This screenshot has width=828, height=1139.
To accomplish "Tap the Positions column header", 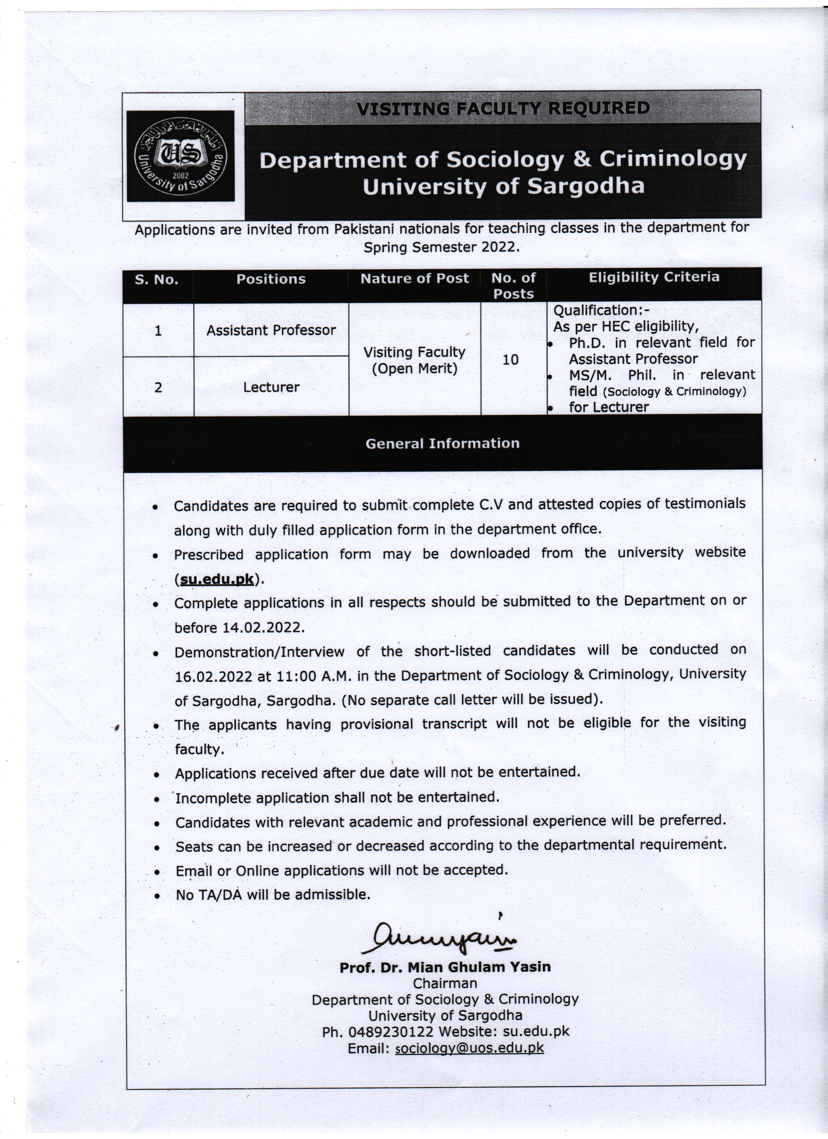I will pyautogui.click(x=271, y=279).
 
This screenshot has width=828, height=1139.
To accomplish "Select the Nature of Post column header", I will pyautogui.click(x=414, y=279).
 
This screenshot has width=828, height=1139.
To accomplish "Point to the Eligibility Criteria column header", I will pyautogui.click(x=654, y=277).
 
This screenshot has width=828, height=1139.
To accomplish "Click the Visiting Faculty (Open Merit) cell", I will pyautogui.click(x=414, y=360).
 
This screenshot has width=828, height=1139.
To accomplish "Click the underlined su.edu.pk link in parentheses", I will pyautogui.click(x=217, y=579).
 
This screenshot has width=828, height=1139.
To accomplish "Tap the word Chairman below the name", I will pyautogui.click(x=445, y=983).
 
